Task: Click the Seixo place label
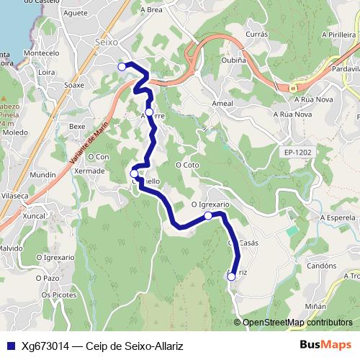coord(107,43)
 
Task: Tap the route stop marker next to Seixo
coord(122,66)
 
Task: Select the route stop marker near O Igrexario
coord(208,215)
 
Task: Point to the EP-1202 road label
coord(297,153)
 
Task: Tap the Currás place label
coord(256,34)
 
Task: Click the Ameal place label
coord(222,104)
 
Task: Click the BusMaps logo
coord(325,345)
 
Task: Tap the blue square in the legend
coord(9,346)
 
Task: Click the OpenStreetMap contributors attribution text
coord(297,322)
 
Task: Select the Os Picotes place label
coord(58,294)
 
